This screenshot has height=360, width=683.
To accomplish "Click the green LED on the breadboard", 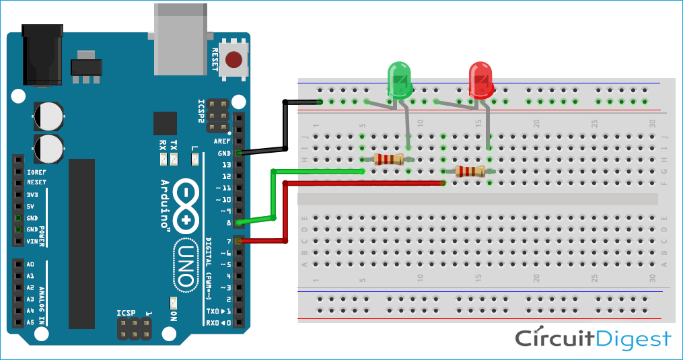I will (400, 81).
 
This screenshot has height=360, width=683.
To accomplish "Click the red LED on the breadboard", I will (480, 80).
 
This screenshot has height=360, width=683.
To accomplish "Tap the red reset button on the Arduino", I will (233, 60).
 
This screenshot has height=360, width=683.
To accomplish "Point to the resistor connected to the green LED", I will (388, 159).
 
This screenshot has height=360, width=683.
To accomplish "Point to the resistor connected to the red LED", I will (469, 171).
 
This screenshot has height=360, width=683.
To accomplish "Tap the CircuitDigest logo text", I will (593, 338).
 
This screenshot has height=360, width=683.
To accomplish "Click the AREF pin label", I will (221, 142).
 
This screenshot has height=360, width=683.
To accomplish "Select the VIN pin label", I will (32, 241).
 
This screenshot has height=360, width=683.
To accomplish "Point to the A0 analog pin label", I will (30, 264).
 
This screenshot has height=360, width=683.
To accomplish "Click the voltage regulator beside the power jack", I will (86, 67).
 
